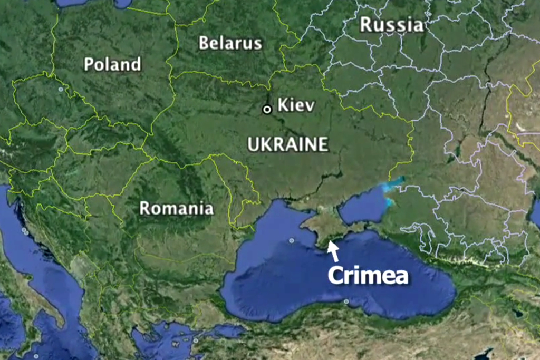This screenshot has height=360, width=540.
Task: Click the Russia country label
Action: pos(391,24)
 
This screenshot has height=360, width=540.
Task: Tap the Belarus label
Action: pos(230,43)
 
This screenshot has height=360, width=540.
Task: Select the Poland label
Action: pos(113,64)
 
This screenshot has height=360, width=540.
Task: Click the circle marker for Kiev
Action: pos(267,109)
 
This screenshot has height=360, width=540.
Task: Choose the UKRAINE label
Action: pos(287,144)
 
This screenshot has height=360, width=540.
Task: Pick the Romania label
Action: pos(176,208)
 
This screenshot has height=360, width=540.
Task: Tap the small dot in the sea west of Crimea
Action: pos(292,240)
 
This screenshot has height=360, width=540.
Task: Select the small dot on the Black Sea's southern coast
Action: pos(346,301)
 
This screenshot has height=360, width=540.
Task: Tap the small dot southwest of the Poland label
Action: pos(61,90)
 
